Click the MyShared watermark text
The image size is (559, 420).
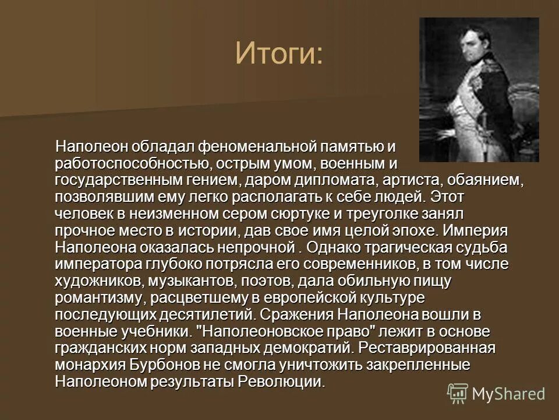508,394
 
